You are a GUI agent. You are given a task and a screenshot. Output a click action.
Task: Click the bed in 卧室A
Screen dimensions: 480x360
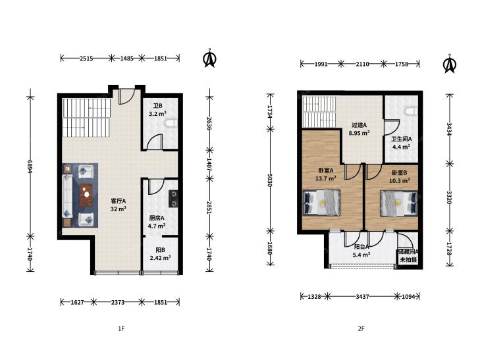point(321,203)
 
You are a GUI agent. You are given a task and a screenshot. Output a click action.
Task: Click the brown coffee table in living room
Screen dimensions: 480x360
point(86,195)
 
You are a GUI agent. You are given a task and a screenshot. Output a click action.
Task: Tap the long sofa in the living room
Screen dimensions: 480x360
point(67,195)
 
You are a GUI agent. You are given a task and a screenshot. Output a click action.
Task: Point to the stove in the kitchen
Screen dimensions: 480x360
point(173,199)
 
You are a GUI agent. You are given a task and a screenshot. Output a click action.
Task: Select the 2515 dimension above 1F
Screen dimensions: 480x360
point(86,58)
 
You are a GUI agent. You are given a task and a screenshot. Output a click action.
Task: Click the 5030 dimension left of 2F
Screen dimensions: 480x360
point(270,180)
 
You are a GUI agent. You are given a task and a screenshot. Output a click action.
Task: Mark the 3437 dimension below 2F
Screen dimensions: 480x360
point(362,296)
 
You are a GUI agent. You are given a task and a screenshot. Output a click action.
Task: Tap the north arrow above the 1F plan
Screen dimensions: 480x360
point(209,58)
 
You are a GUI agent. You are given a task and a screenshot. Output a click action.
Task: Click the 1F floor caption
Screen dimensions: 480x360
point(121,329)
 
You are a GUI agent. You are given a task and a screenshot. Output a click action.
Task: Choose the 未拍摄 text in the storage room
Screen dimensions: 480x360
point(408,260)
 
